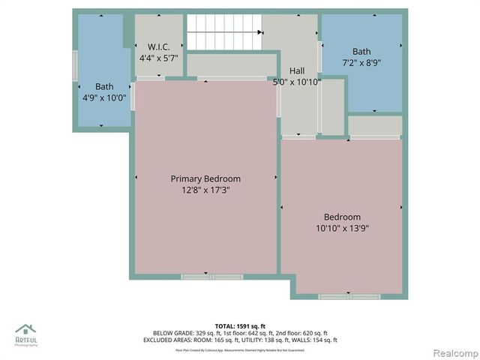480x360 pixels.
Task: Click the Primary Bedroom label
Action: [x=205, y=178]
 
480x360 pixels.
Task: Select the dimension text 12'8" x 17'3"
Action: [x=205, y=190]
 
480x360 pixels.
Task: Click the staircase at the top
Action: [x=223, y=32]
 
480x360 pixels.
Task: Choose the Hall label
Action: [x=297, y=70]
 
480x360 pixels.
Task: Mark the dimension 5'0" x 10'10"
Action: [x=297, y=82]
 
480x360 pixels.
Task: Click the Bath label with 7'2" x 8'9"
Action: [x=361, y=52]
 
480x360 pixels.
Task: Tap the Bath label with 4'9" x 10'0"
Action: [x=104, y=86]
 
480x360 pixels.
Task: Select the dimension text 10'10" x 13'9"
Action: [x=342, y=229]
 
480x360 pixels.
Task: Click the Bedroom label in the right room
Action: [x=342, y=217]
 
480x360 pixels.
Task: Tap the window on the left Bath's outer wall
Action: [x=75, y=66]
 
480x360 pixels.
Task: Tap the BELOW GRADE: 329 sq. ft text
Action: [x=179, y=333]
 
